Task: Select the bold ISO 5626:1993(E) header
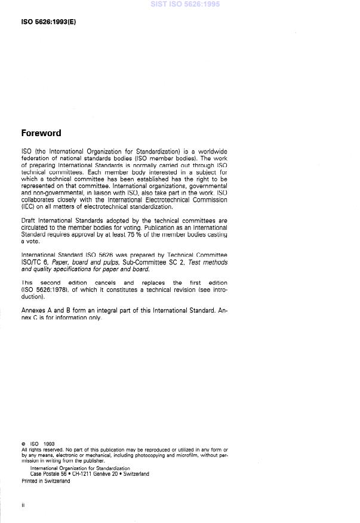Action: tap(48, 22)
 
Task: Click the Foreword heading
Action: tap(41, 133)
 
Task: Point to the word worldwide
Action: tap(212, 152)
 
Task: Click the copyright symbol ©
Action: tap(23, 444)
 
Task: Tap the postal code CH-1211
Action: tap(84, 474)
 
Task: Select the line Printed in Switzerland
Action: tap(45, 481)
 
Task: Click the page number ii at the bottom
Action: tap(23, 506)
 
